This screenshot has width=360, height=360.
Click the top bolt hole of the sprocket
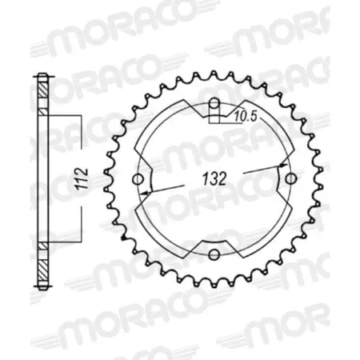(214, 103)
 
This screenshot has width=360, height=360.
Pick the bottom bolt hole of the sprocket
(214, 255)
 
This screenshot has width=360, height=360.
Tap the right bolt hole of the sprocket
(290, 178)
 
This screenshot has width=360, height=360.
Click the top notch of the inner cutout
(214, 112)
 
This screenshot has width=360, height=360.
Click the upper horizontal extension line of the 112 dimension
(66, 117)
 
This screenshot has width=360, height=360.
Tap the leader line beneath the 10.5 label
(232, 124)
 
